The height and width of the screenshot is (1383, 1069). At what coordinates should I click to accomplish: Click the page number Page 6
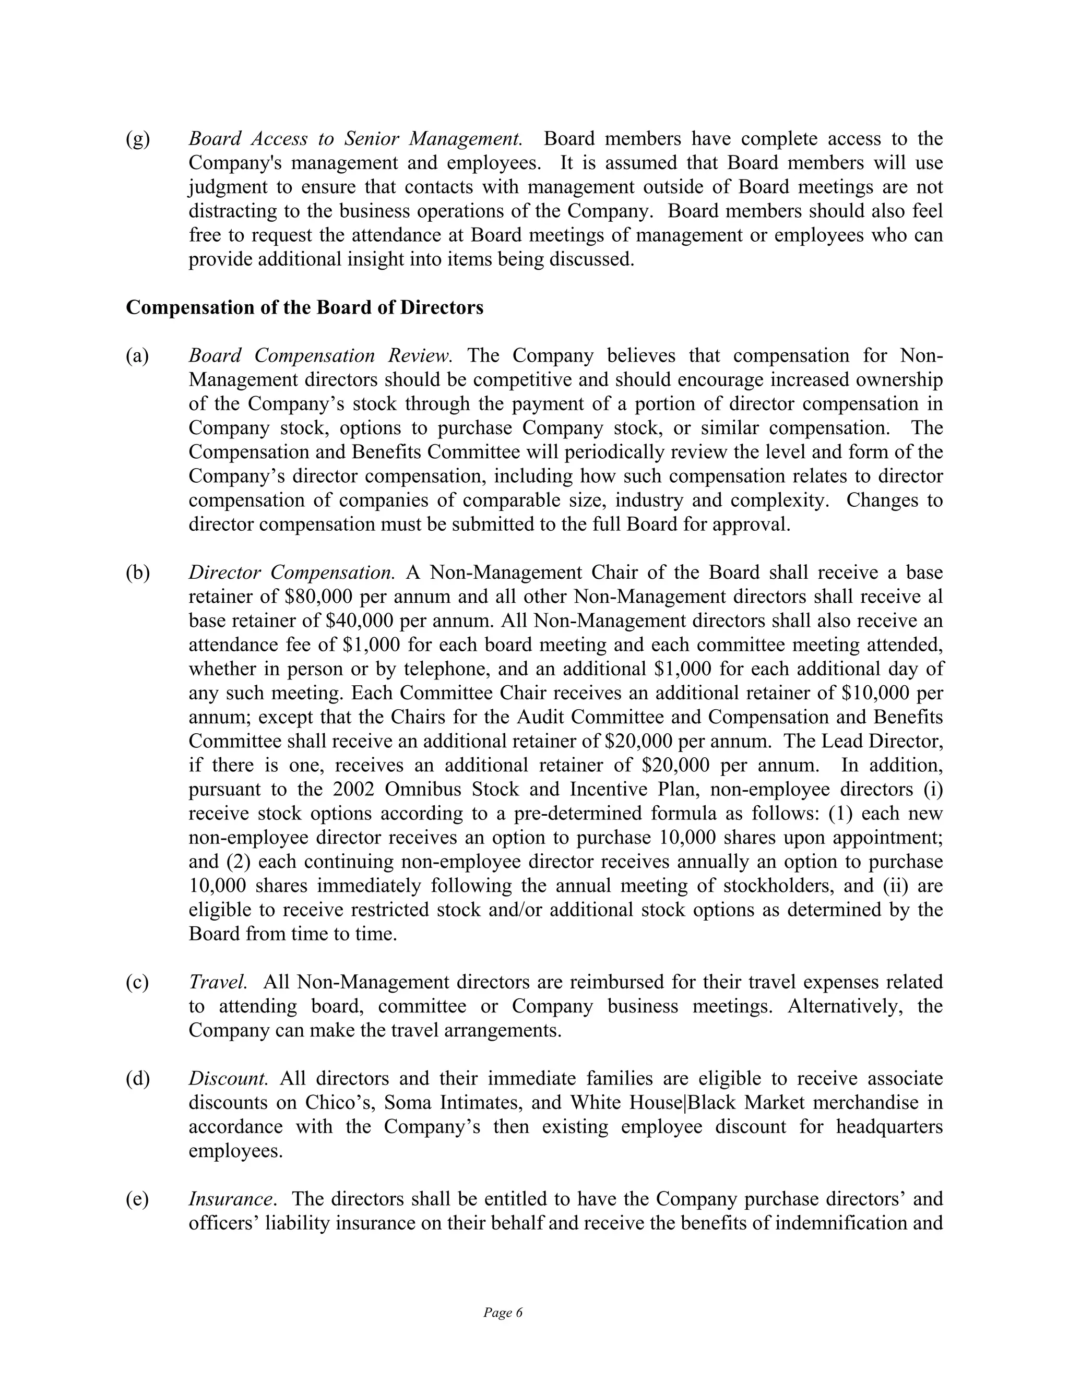click(x=503, y=1313)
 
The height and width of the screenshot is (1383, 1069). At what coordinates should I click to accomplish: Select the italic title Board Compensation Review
click(x=320, y=356)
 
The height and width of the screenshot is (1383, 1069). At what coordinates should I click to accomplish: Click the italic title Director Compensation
click(x=291, y=573)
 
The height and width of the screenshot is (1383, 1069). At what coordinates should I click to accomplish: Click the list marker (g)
click(x=137, y=139)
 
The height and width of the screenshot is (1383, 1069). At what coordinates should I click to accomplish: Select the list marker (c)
click(x=137, y=982)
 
